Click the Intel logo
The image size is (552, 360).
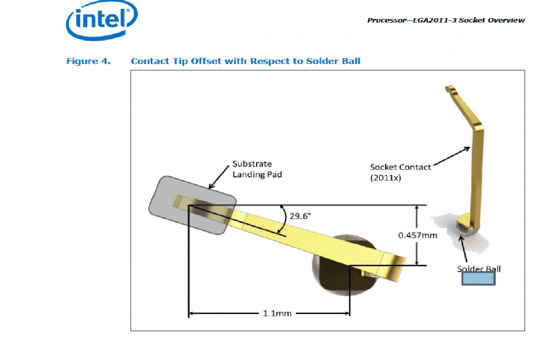point(102,20)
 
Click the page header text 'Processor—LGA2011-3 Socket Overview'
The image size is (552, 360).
point(446,20)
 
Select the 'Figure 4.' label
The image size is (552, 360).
point(88,61)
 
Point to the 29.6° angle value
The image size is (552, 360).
point(300,216)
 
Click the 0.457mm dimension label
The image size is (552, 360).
point(418,235)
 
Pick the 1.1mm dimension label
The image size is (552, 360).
point(277,314)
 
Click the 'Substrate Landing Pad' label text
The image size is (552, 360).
point(257,169)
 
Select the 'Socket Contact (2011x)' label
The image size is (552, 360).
point(401,172)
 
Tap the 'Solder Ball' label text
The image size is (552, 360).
point(479,268)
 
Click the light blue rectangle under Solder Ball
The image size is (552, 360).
point(478,279)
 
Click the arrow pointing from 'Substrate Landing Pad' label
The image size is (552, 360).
point(219,177)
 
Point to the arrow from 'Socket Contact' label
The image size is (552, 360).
point(452,157)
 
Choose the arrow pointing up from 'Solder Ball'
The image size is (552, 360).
point(463,249)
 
